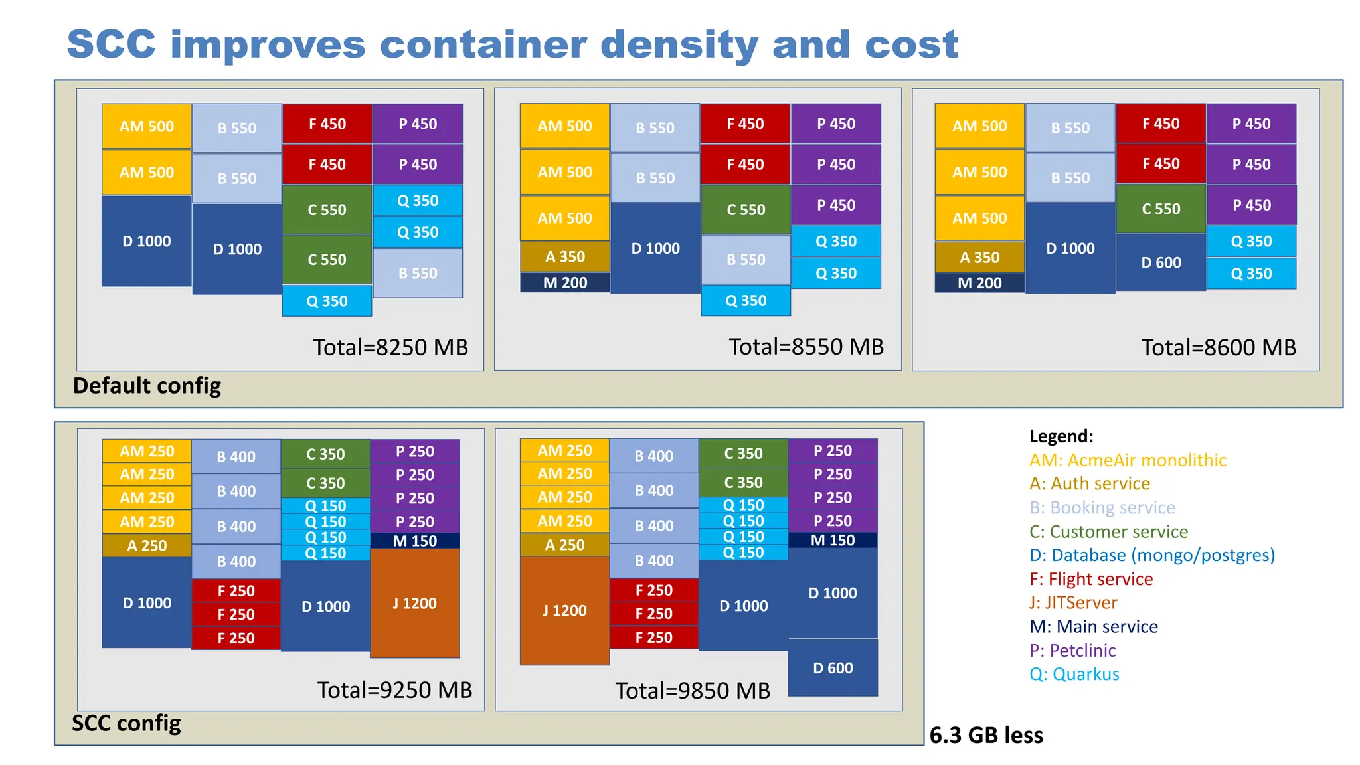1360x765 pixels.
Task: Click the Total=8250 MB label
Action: (x=390, y=347)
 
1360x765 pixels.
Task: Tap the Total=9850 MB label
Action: (x=692, y=691)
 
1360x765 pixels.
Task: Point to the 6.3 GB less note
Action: (x=985, y=735)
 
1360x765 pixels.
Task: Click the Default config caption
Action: (x=147, y=386)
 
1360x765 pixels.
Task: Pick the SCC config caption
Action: (x=126, y=722)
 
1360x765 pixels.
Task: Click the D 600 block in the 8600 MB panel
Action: (x=1161, y=262)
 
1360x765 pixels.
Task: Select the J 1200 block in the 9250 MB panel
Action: (x=414, y=603)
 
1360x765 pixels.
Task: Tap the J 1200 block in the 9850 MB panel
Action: (x=564, y=610)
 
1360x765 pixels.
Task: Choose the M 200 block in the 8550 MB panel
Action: (x=565, y=283)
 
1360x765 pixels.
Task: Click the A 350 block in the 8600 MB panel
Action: (x=979, y=257)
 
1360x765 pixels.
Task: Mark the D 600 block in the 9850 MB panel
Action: (x=833, y=668)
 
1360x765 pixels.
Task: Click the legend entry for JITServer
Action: (x=1073, y=602)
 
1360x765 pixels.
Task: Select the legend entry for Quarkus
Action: (x=1074, y=674)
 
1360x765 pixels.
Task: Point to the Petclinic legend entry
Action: (x=1072, y=650)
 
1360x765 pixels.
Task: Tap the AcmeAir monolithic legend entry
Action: (x=1128, y=460)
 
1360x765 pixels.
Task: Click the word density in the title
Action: (x=679, y=44)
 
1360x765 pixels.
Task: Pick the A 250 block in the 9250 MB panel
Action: (x=147, y=545)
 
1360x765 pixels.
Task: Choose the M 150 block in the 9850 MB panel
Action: (x=833, y=540)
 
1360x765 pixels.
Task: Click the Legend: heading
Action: (x=1061, y=436)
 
